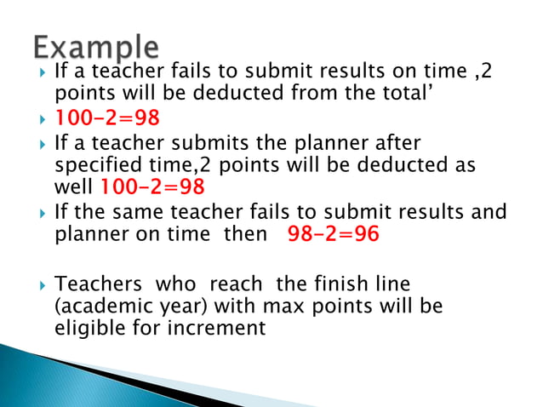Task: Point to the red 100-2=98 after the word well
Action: (152, 186)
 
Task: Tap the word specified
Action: (95, 164)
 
